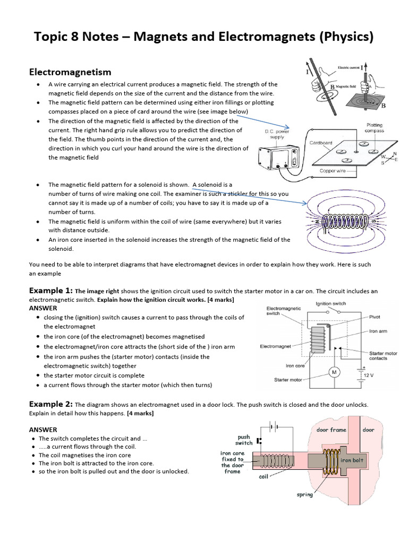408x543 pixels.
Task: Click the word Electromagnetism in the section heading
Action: coord(70,72)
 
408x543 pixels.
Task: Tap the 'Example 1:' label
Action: coord(50,291)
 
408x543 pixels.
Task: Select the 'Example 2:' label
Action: coord(50,404)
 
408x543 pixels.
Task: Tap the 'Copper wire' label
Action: coord(334,171)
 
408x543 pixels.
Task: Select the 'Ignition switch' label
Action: coord(330,304)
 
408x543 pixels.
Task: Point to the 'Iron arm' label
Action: coord(378,331)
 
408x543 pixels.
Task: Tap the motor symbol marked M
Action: coord(334,372)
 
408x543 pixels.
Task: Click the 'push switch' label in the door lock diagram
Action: coord(244,440)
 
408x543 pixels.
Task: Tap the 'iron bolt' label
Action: coord(352,460)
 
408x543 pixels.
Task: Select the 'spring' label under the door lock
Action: coord(304,495)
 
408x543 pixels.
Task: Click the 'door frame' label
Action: coord(331,430)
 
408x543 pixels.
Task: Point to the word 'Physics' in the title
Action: coord(346,37)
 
